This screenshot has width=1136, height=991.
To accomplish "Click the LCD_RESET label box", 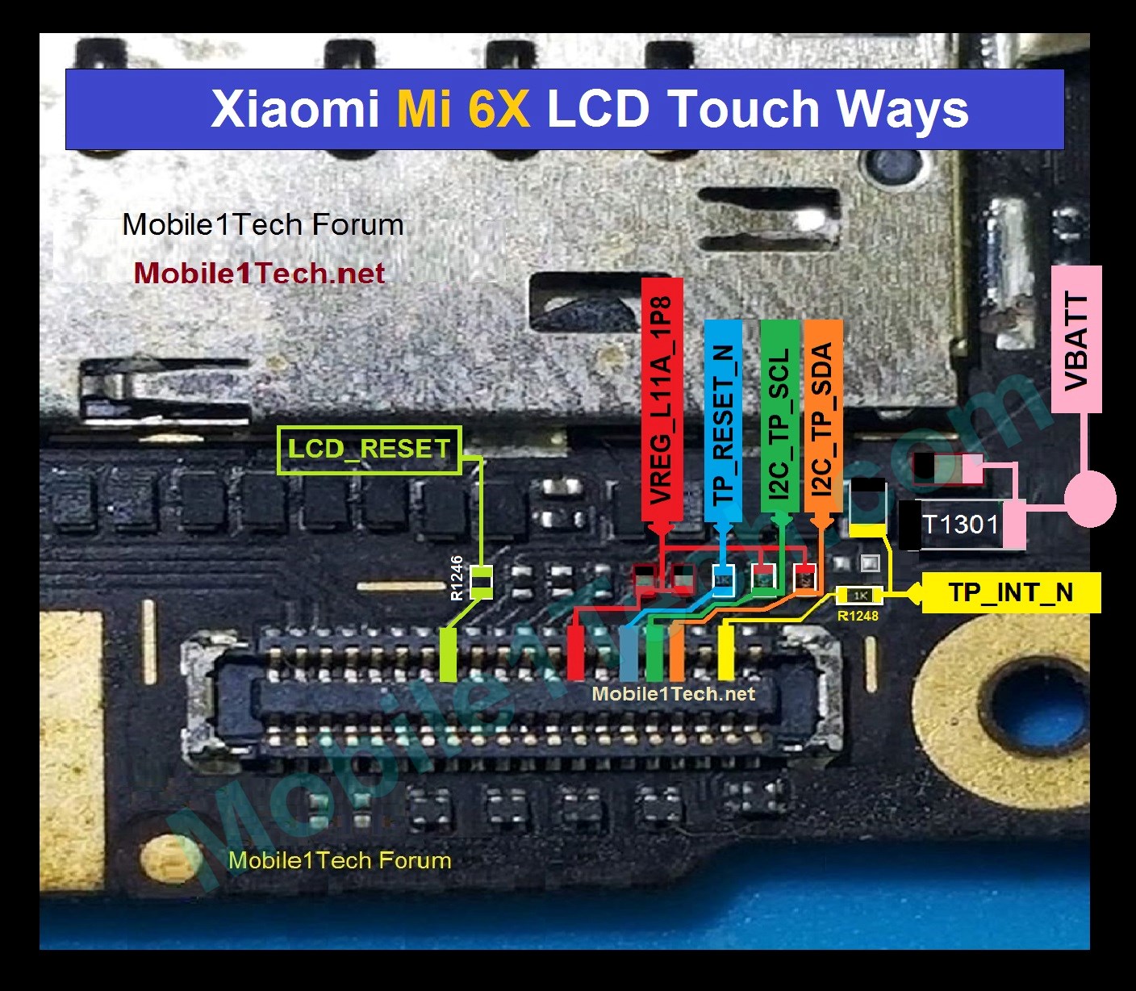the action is coord(370,450).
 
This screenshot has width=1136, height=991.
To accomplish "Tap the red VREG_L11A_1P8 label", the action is coord(662,399).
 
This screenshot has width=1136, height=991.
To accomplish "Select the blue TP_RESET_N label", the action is coord(723,421).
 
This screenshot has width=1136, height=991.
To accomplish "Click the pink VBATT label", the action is coord(1076,339).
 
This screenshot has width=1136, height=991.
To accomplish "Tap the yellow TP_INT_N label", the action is coord(1011,592).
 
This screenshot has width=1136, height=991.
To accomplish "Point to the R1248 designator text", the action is coord(858,615).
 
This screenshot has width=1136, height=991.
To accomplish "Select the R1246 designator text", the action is coord(457,578).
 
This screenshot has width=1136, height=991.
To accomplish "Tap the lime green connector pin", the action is coord(448,654).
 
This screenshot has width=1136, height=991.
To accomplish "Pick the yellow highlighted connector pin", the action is coord(725,652).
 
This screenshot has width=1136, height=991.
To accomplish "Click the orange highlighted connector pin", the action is coord(677,652).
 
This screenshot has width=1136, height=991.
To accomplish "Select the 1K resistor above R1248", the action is coord(860,596).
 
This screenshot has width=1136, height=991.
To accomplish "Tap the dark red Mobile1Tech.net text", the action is coord(259,273).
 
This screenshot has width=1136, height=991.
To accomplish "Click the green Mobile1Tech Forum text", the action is coord(340,860).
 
